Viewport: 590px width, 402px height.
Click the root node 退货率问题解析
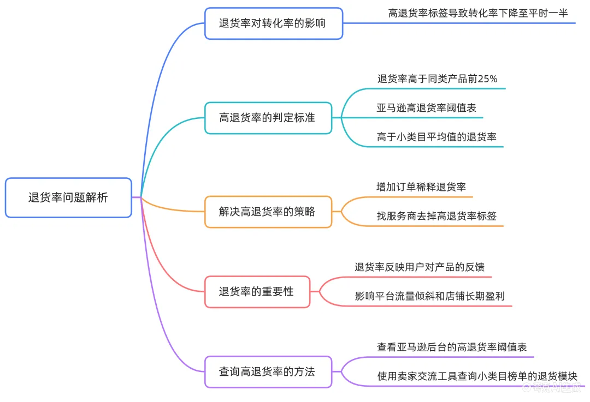[x=68, y=197]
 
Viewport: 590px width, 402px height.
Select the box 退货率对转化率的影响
[x=273, y=23]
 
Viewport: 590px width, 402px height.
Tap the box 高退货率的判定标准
[x=268, y=118]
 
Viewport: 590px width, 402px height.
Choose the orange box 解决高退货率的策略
[x=268, y=212]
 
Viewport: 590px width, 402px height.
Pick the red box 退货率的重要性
[x=257, y=292]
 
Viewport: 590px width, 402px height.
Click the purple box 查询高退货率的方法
[x=268, y=372]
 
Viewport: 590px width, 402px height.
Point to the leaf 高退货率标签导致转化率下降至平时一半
[x=478, y=13]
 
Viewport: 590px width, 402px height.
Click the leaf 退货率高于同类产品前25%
[x=437, y=79]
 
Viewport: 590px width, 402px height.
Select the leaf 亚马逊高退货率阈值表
[x=426, y=108]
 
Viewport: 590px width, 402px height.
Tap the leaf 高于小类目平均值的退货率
[x=436, y=137]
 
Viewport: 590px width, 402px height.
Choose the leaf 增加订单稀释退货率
[x=421, y=187]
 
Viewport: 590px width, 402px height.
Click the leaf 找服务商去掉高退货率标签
[x=436, y=217]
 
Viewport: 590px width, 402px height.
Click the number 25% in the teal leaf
[x=487, y=79]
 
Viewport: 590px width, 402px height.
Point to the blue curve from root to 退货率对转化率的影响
[x=158, y=82]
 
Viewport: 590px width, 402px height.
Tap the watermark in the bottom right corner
[x=554, y=388]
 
